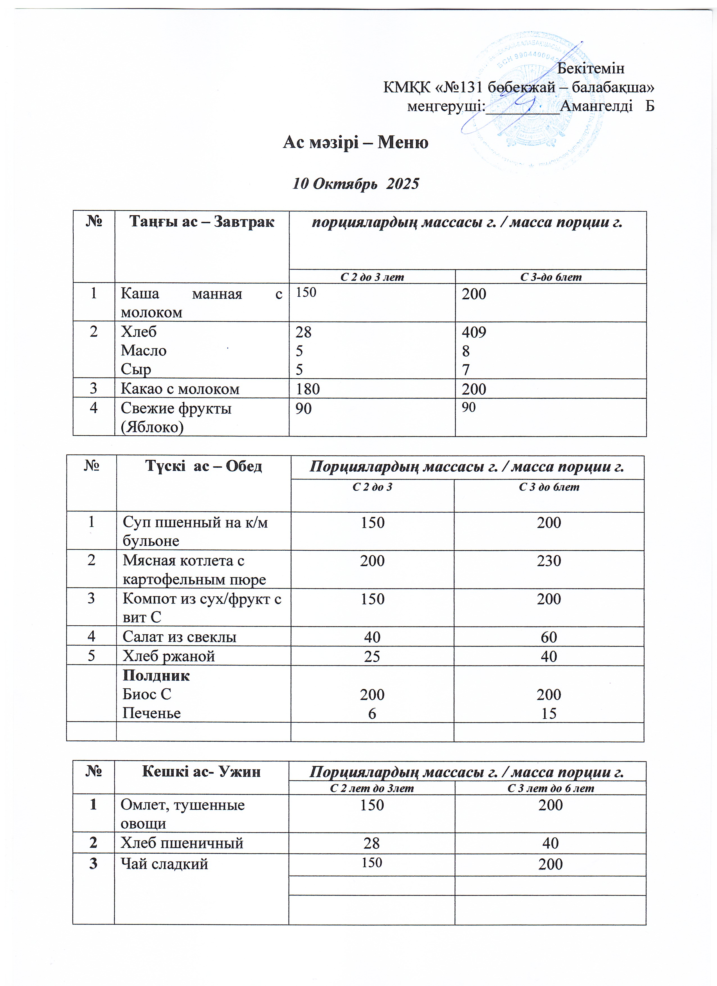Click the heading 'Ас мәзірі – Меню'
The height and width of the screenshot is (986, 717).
355,142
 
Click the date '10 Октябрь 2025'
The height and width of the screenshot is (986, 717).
355,184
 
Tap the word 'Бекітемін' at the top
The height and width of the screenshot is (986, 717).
591,68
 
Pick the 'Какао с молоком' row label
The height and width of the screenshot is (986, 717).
180,389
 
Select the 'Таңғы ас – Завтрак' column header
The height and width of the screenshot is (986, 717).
202,222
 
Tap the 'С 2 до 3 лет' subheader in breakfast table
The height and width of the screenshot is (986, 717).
372,277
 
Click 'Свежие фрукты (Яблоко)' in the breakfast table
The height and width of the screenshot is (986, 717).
176,417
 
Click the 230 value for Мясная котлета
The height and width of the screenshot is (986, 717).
549,561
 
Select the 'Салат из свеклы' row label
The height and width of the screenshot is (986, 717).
180,637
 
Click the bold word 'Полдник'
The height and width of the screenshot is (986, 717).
156,676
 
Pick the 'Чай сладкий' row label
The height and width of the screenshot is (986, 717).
164,864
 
